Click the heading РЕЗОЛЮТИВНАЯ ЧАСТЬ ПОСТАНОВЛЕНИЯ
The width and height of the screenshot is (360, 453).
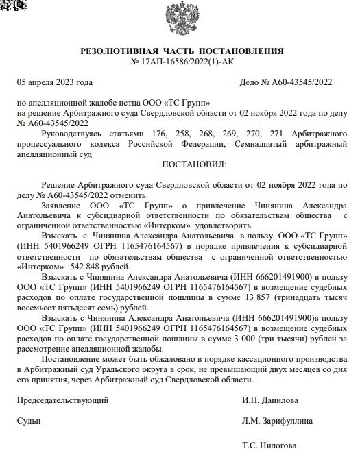tap(182, 51)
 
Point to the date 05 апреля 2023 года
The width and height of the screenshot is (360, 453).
tap(54, 82)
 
